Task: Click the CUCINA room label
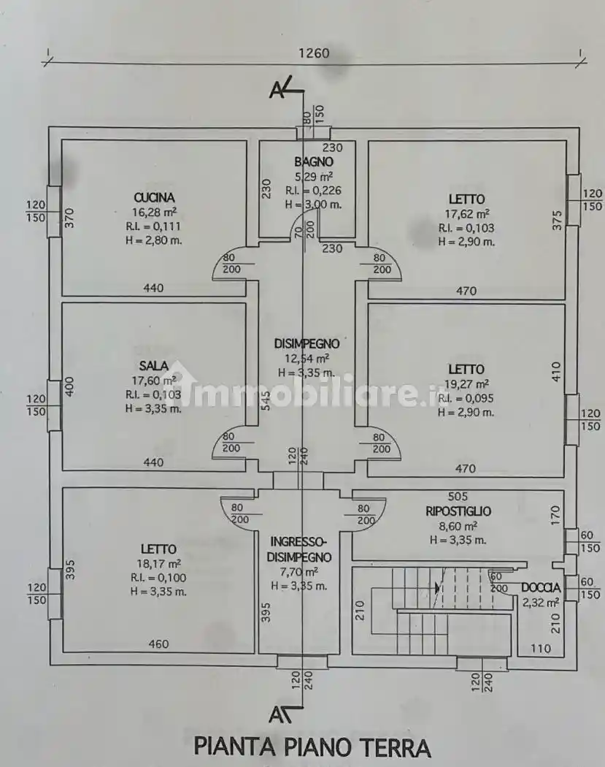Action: (154, 197)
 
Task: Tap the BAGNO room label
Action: (314, 162)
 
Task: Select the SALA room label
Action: (153, 365)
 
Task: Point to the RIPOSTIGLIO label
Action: (458, 511)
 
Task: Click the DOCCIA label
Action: (541, 587)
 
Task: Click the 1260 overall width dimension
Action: (314, 53)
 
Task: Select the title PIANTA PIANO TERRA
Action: (312, 747)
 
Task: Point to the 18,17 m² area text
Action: (158, 563)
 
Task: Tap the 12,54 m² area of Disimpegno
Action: (307, 358)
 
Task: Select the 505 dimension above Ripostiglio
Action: (458, 497)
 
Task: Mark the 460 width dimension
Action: (158, 644)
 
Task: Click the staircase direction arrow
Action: (437, 587)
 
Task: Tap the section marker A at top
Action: (277, 90)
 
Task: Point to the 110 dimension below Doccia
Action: (542, 648)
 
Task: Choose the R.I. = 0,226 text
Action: (314, 191)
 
